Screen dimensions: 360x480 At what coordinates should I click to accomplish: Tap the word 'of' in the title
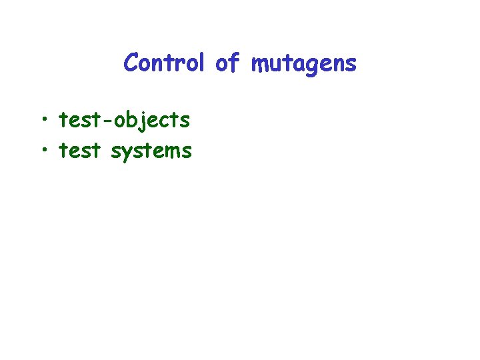(x=227, y=63)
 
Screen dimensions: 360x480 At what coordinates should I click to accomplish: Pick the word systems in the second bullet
(x=151, y=152)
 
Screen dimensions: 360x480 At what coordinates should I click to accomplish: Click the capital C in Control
(x=131, y=63)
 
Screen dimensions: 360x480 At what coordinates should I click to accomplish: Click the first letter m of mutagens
(x=259, y=65)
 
